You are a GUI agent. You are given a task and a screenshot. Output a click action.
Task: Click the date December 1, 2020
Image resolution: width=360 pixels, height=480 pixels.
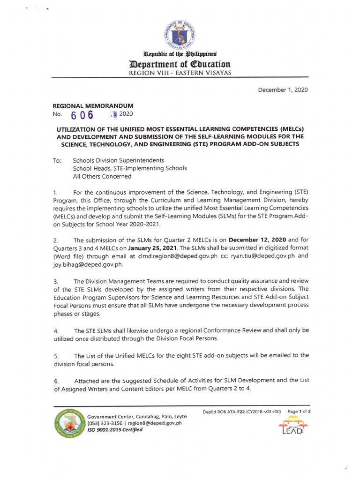click(283, 90)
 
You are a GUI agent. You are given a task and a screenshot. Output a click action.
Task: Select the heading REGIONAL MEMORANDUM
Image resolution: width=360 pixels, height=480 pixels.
click(93, 106)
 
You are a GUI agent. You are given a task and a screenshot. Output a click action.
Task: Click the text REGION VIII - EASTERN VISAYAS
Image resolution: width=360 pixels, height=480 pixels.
click(180, 73)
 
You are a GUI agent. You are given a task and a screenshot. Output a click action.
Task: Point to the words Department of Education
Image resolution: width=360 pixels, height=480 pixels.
click(180, 64)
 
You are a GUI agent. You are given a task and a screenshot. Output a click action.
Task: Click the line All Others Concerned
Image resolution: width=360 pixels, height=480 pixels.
click(102, 177)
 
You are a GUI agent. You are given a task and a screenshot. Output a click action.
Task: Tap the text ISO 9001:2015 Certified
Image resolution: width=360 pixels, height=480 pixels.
click(115, 430)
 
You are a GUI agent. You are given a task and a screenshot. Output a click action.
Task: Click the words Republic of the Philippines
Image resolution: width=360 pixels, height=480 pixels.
click(180, 54)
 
